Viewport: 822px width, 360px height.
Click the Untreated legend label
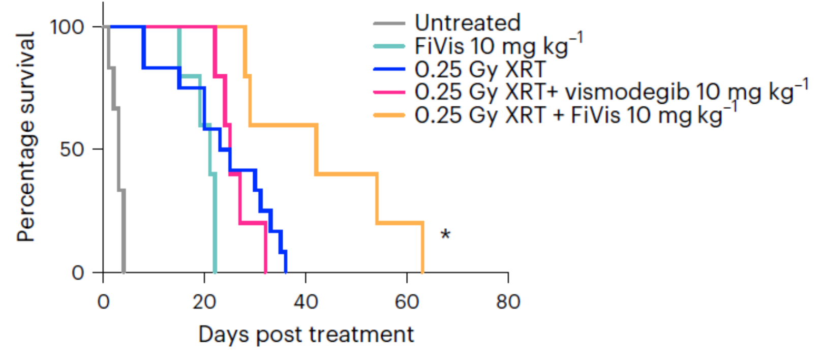(467, 23)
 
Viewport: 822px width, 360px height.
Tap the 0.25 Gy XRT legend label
(480, 69)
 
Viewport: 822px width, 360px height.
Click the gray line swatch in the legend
(389, 23)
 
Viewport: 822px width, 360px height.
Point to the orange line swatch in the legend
(389, 115)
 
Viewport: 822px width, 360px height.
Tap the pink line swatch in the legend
(389, 93)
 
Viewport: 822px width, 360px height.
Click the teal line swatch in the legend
(389, 46)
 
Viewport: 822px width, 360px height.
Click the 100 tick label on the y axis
(67, 26)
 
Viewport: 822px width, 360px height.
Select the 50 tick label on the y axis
(72, 149)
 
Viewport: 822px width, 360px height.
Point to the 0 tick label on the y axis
(78, 273)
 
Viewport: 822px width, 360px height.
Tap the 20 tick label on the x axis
(204, 302)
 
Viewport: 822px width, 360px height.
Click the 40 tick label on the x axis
(306, 302)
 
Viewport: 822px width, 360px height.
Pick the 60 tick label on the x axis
(407, 302)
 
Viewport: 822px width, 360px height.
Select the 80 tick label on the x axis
(508, 302)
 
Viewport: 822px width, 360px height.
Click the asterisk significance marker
(445, 235)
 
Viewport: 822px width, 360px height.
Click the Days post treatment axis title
(306, 335)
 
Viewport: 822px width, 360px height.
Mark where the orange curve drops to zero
(422, 272)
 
